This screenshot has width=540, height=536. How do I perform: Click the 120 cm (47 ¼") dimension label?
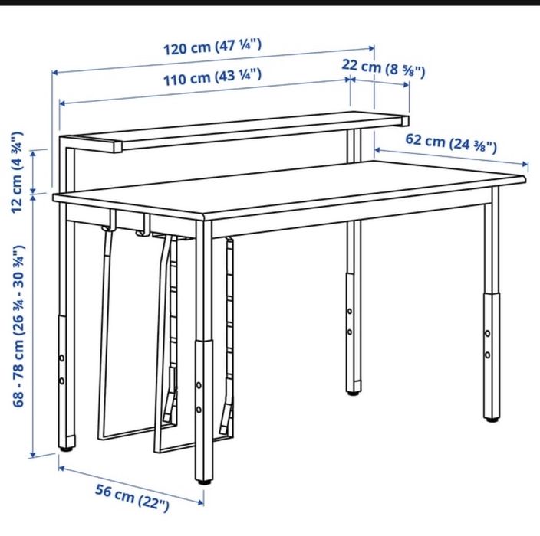[212, 47]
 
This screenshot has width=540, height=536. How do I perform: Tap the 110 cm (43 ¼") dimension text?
[212, 77]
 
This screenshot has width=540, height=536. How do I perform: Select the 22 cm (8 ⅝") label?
[383, 67]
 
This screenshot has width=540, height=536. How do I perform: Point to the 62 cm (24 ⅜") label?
[451, 142]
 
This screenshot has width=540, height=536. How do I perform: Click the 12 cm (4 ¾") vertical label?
[17, 172]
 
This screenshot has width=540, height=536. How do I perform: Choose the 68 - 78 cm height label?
[18, 326]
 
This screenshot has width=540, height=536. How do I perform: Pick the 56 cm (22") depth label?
[132, 498]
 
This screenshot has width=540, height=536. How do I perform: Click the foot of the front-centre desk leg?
[204, 482]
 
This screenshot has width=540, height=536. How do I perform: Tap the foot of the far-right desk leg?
[492, 420]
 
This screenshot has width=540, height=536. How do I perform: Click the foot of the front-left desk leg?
[66, 449]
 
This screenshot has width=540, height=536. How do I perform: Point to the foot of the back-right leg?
[353, 393]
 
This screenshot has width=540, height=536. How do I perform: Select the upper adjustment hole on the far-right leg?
[488, 333]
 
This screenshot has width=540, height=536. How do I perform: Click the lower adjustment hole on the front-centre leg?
[199, 410]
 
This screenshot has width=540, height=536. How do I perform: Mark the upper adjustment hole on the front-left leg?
[61, 358]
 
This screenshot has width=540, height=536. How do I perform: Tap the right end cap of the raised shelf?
[405, 121]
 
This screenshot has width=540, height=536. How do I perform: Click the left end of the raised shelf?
[118, 147]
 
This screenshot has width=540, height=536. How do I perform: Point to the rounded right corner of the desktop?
[523, 179]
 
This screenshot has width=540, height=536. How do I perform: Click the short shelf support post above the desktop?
[354, 145]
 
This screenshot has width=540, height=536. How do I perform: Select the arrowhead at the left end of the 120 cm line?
[54, 72]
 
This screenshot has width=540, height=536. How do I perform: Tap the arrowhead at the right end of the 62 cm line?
[525, 164]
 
